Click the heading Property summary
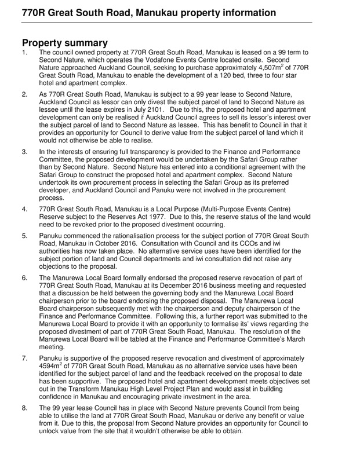tap(65, 42)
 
